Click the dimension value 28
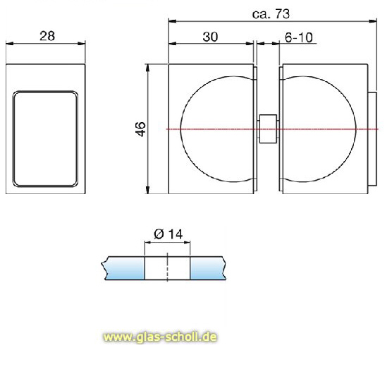click(48, 35)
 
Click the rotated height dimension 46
click(140, 128)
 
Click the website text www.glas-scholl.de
click(159, 337)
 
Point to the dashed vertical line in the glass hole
click(167, 269)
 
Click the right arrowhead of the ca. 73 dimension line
click(372, 20)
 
